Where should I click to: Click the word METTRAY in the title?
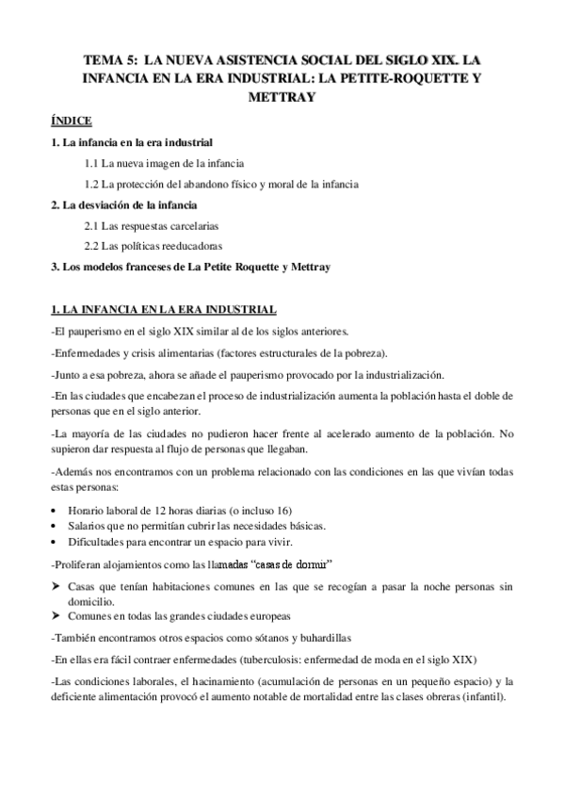pyautogui.click(x=282, y=96)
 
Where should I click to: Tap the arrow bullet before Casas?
pyautogui.click(x=56, y=585)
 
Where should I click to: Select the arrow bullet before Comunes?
pyautogui.click(x=56, y=615)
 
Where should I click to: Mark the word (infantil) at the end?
pyautogui.click(x=479, y=697)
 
